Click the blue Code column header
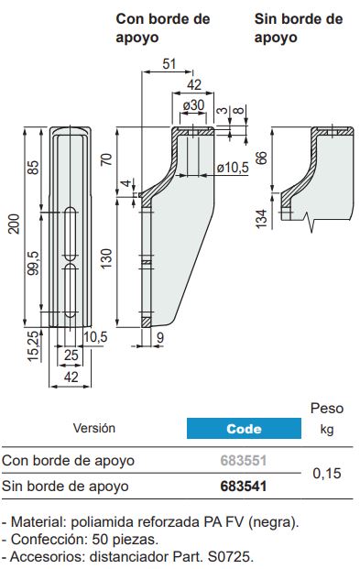pos(244,428)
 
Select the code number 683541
pos(244,487)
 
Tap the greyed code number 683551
pos(244,461)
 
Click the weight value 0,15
pos(327,473)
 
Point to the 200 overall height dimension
pos(14,224)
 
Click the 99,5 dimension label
pos(33,263)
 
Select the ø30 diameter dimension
pos(193,105)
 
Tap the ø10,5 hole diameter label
pos(233,168)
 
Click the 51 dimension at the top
pos(169,64)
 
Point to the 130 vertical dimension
pos(106,258)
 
